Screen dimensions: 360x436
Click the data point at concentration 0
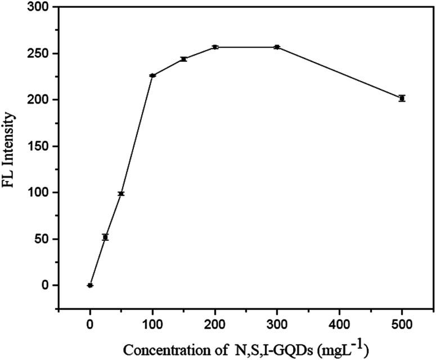[x=90, y=285]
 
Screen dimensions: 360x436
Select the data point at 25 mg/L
[x=105, y=237]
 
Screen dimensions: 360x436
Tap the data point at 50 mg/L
[x=121, y=193]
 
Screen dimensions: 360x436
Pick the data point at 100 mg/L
[x=152, y=75]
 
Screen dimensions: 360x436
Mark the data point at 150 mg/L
[x=183, y=59]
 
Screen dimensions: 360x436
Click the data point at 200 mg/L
[x=215, y=47]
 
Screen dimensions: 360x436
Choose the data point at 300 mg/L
[x=277, y=47]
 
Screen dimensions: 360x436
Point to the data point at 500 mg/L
[x=402, y=98]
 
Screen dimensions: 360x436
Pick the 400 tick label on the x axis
[x=339, y=325]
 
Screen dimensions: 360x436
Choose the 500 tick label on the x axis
[x=402, y=325]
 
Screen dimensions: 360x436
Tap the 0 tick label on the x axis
[x=90, y=325]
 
